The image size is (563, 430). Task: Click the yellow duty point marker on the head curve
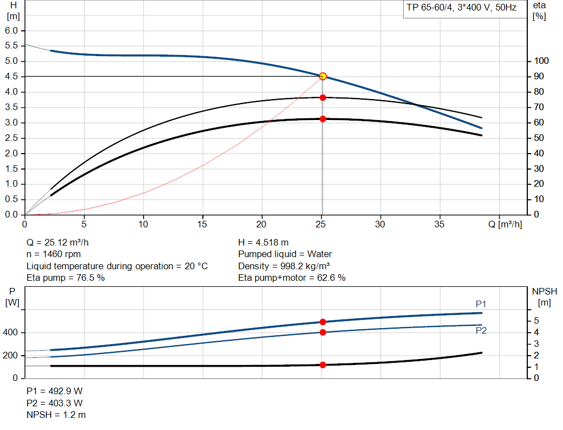point(323,76)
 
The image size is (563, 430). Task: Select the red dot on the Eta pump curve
point(323,97)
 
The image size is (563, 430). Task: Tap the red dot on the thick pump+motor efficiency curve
point(323,119)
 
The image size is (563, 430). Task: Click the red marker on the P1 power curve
point(323,322)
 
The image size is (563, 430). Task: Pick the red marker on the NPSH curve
point(323,365)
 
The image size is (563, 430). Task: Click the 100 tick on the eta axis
point(542,61)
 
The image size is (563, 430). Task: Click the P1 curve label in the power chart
point(481,304)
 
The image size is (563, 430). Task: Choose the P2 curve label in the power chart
point(481,331)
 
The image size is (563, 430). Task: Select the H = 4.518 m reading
point(263,242)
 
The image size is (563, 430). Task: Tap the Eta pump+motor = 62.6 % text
point(291,278)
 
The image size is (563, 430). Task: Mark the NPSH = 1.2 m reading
point(56,415)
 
